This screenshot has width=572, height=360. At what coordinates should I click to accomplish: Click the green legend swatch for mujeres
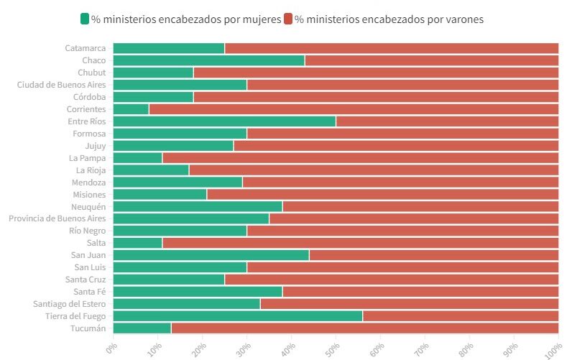pos(85,19)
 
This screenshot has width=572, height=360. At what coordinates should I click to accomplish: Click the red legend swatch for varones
pos(288,19)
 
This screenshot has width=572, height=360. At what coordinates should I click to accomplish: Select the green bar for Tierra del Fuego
pos(238,316)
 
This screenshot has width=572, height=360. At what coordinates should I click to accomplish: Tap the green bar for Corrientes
pos(131,109)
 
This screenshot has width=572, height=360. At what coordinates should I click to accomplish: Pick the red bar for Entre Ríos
pos(447,121)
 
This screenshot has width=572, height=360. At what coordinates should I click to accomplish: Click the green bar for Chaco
pos(209,60)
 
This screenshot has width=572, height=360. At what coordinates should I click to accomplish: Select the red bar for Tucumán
pos(365,328)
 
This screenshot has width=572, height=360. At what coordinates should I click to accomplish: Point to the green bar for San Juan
pos(211,255)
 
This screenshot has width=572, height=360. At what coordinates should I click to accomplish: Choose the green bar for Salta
pos(138,243)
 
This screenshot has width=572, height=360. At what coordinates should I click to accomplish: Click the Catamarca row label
pos(86,48)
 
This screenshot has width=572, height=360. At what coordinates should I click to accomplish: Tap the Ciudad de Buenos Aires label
pos(61,85)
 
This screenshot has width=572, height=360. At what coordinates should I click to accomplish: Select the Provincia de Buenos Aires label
pos(57,218)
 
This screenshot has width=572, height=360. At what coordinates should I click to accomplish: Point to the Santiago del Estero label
pos(69,304)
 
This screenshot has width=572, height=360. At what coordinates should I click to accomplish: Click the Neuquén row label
pos(88,207)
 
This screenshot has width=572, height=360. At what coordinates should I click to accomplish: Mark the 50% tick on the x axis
pos(333,350)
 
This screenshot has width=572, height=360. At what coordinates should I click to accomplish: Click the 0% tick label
pos(111,349)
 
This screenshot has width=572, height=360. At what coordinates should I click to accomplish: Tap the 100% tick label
pos(554,351)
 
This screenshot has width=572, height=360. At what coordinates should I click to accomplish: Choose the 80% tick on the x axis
pos(466,350)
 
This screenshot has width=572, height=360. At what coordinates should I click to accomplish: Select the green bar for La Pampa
pos(138,158)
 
